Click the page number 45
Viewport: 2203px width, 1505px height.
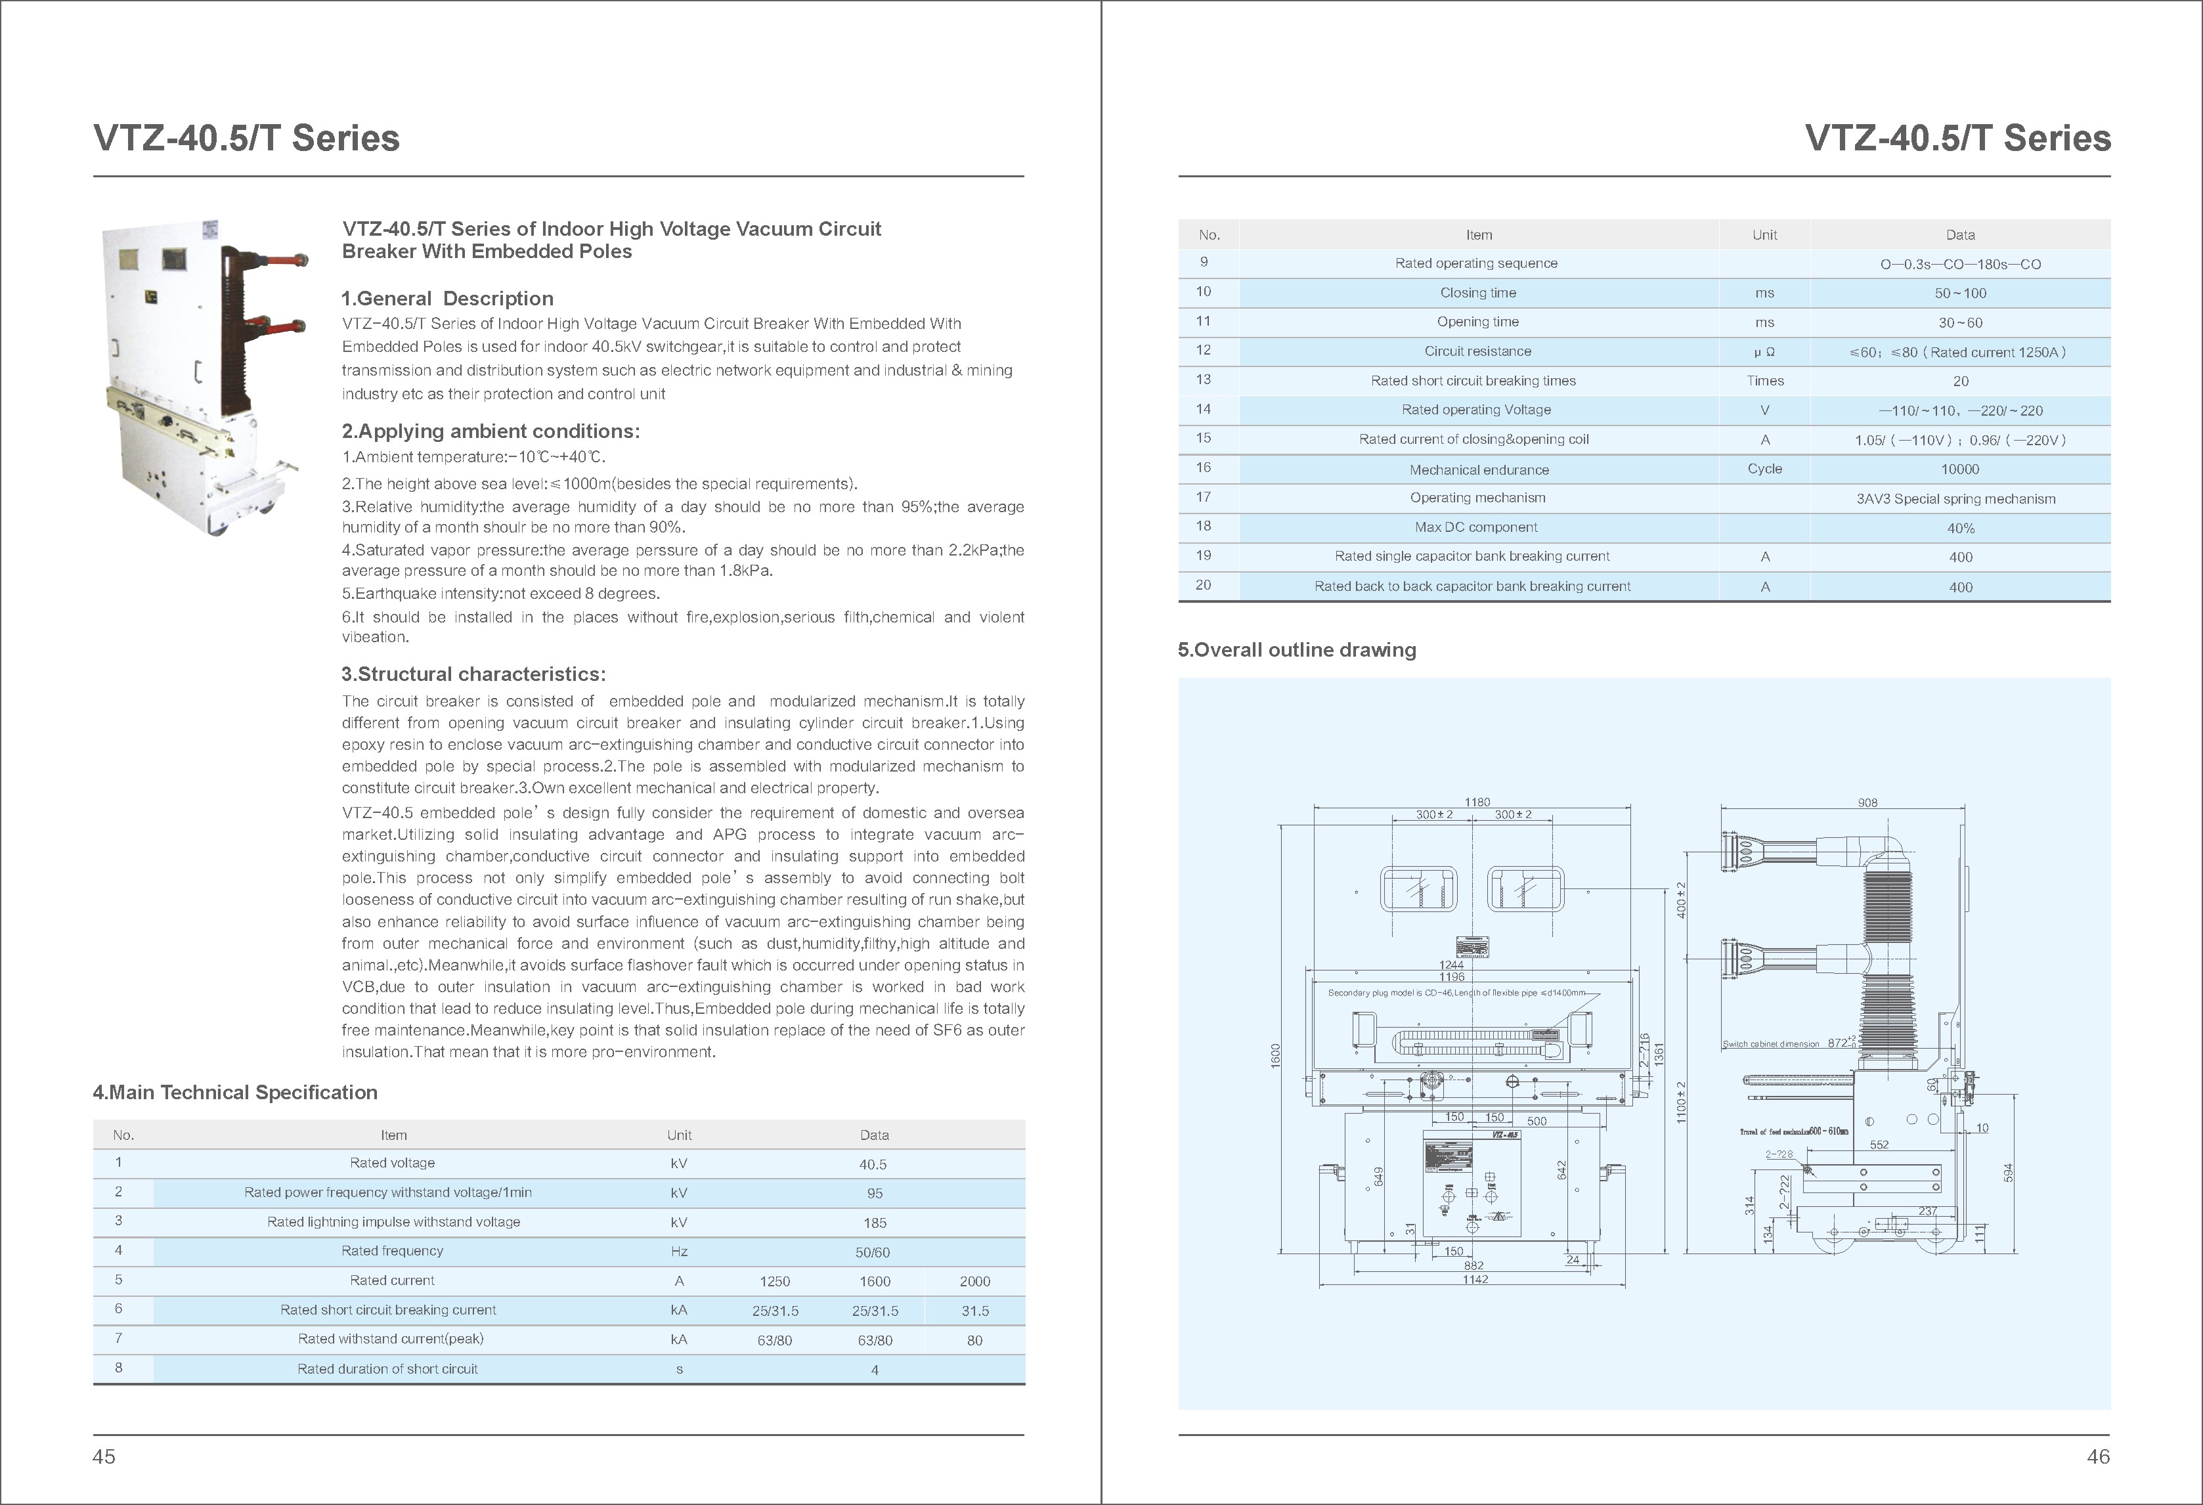click(104, 1456)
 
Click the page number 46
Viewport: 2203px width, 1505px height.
click(2098, 1456)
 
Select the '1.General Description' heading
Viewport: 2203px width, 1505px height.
click(447, 299)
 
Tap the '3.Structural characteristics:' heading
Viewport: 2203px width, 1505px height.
click(473, 674)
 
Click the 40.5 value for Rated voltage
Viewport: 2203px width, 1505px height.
click(873, 1164)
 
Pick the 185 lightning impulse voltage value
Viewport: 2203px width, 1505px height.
click(874, 1223)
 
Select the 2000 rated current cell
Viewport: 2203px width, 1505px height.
click(974, 1281)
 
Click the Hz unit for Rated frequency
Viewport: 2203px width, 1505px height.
click(679, 1252)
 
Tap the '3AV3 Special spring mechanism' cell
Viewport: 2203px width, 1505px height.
click(1955, 498)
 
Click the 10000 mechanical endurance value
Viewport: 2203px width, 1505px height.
click(1959, 469)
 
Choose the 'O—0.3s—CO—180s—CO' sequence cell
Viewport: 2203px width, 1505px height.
click(1960, 265)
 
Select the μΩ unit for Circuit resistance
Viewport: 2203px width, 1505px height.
click(1764, 351)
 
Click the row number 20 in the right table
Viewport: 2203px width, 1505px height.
click(1203, 585)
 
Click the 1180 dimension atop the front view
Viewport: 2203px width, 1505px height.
click(1477, 802)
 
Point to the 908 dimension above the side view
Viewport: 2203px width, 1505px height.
click(1867, 802)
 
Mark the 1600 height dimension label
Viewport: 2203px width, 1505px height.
click(1276, 1055)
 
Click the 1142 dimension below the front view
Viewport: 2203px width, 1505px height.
click(1475, 1279)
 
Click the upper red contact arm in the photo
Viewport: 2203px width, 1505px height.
click(278, 258)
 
